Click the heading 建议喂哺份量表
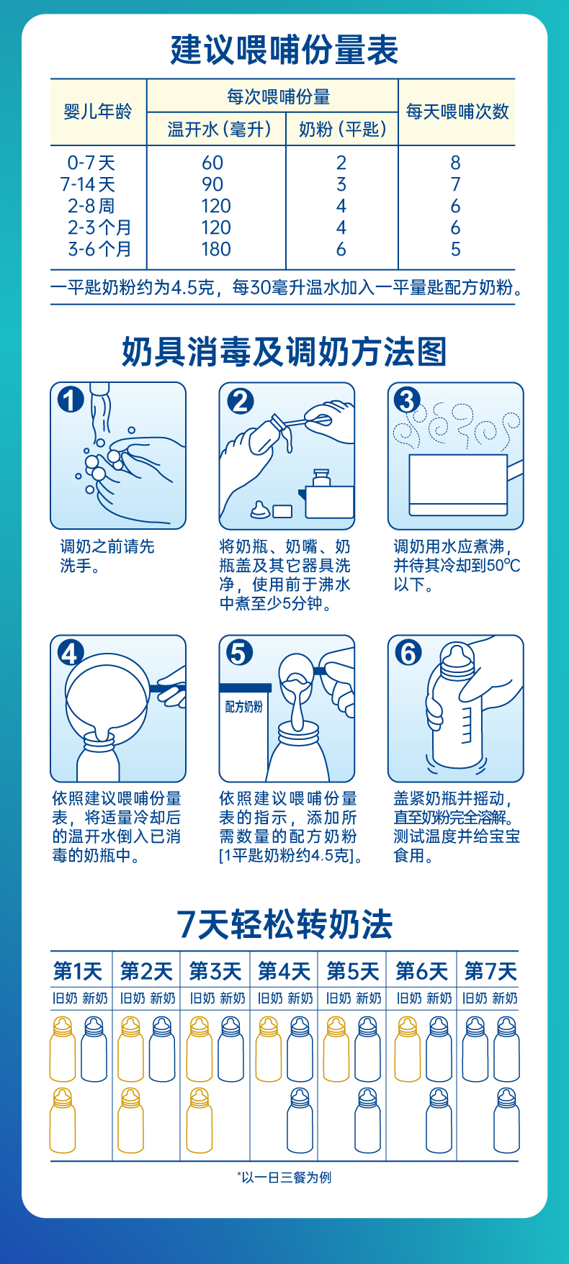click(284, 50)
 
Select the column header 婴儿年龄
click(98, 112)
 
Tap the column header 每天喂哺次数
click(457, 112)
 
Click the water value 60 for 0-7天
click(212, 163)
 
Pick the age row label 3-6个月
click(99, 249)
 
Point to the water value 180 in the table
click(216, 249)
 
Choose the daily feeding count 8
click(455, 163)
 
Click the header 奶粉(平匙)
click(342, 130)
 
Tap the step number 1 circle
click(71, 399)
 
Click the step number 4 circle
click(71, 653)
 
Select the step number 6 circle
click(408, 653)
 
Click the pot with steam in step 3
click(461, 484)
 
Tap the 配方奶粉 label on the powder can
click(243, 707)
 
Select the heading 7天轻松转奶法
click(284, 925)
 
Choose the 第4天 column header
click(284, 971)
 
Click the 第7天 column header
click(490, 971)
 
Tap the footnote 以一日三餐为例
click(284, 1178)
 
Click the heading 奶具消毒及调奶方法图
click(284, 352)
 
